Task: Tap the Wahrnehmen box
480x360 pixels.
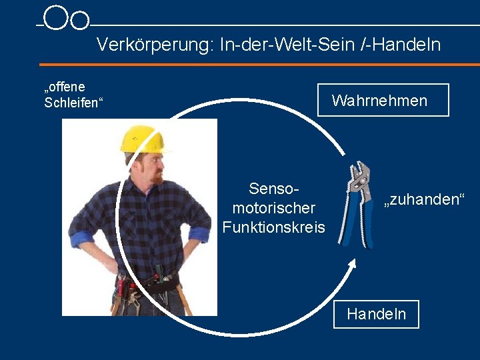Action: (383, 101)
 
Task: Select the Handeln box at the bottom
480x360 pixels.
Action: (376, 314)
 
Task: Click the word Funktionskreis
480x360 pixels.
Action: (274, 227)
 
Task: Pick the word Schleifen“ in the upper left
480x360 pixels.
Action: (72, 103)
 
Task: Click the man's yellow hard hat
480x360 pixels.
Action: (143, 139)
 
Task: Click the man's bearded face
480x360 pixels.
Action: (151, 168)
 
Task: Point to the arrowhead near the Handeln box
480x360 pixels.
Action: (353, 263)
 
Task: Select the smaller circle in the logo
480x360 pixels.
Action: (79, 21)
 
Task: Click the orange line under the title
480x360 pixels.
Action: (259, 65)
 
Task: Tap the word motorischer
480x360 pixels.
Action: (273, 208)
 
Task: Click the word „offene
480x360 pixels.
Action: (65, 87)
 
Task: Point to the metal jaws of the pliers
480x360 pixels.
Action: (360, 174)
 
